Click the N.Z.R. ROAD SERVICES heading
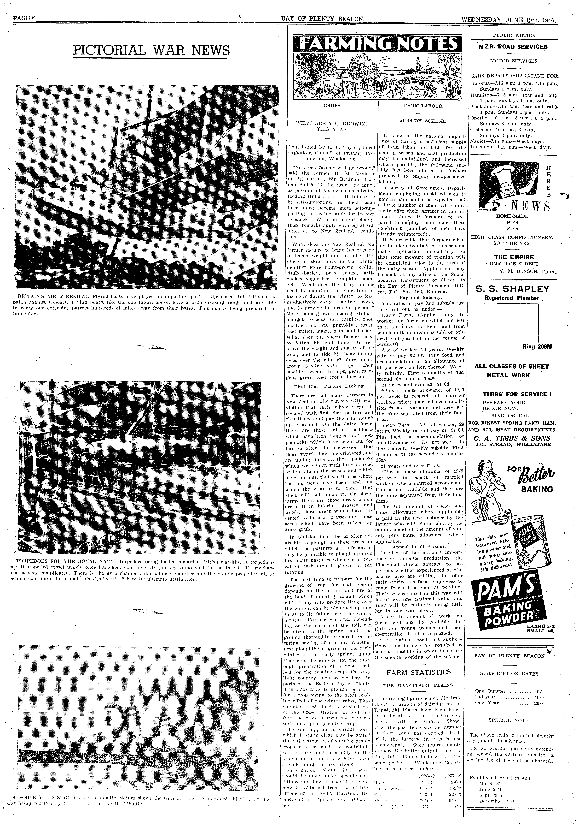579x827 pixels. click(513, 46)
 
